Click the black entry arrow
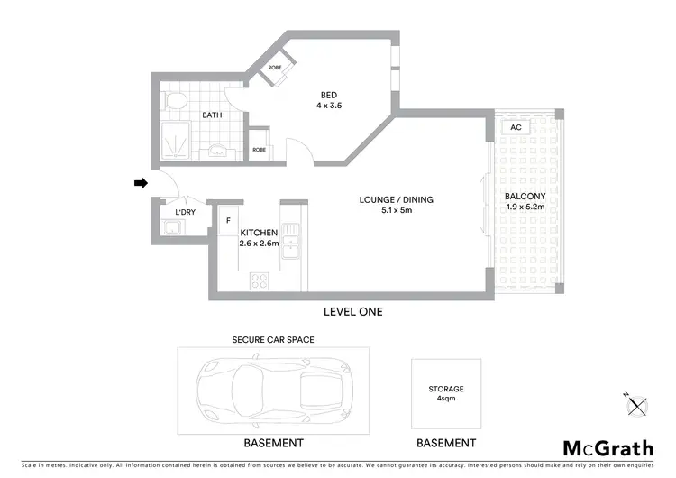[140, 183]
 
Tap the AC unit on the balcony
[516, 127]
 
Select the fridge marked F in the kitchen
[228, 219]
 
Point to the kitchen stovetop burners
[260, 281]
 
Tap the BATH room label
[212, 115]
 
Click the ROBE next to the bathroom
[260, 150]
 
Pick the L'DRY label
[185, 213]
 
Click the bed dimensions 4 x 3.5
[328, 106]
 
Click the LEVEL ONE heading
[353, 311]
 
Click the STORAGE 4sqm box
[447, 393]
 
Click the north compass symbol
[636, 403]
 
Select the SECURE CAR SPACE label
[273, 339]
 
